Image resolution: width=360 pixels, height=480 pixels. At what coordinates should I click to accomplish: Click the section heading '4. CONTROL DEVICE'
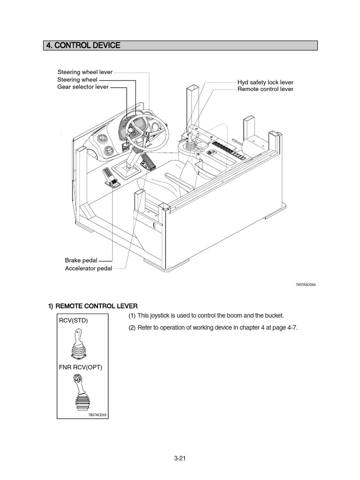click(x=82, y=45)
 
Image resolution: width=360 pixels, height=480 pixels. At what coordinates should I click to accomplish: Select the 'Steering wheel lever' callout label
click(x=85, y=73)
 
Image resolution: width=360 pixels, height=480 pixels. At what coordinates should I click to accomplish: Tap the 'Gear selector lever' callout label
click(x=82, y=87)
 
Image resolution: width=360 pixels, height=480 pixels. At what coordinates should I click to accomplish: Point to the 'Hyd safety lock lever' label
click(x=265, y=82)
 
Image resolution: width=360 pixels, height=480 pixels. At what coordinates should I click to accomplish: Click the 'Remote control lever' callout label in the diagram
click(x=265, y=89)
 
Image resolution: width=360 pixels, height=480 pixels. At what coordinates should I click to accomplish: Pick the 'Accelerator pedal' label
click(x=88, y=269)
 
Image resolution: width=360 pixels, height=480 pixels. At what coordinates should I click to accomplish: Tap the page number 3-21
click(x=180, y=458)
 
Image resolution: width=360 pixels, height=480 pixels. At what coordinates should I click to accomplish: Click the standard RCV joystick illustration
click(x=79, y=345)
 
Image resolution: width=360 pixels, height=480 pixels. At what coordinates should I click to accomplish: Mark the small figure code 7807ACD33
click(x=97, y=414)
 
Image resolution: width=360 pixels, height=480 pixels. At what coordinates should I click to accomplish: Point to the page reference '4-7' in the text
click(x=291, y=328)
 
